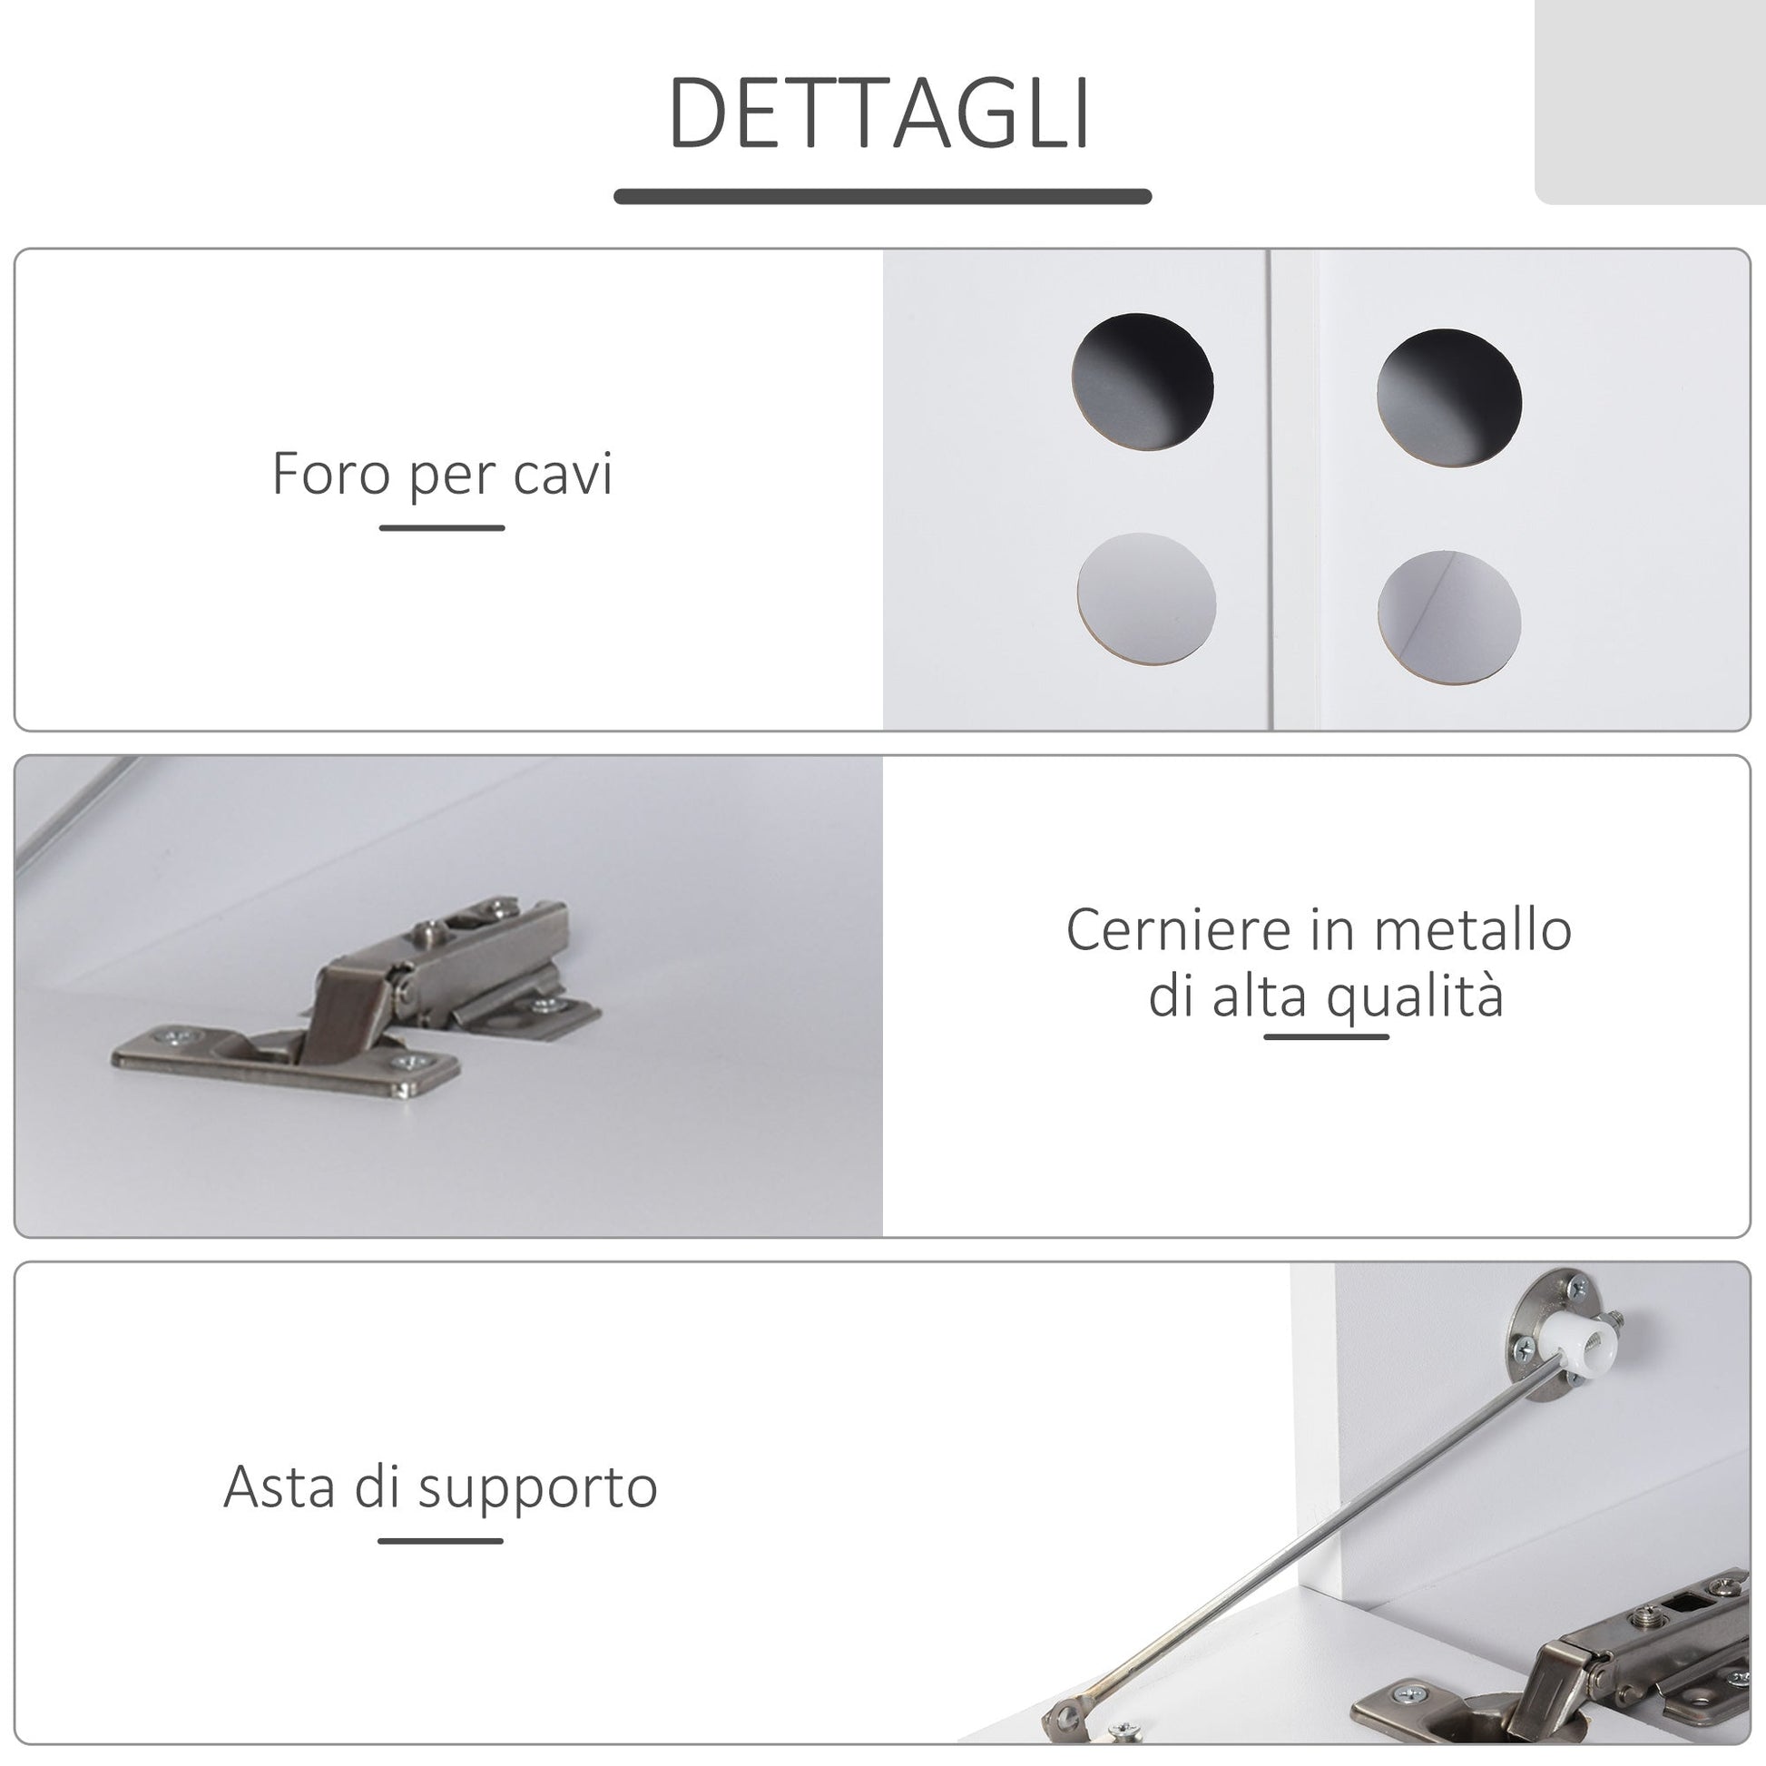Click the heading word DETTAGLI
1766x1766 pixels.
point(880,113)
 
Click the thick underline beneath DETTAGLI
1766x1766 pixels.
point(882,197)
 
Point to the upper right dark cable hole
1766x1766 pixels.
point(1448,398)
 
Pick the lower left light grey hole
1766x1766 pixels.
point(1146,602)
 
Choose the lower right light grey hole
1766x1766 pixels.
point(1448,621)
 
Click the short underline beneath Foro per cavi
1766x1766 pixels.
point(443,527)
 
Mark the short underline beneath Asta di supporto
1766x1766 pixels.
point(440,1540)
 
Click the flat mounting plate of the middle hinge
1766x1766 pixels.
point(285,1060)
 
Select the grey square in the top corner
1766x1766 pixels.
point(1650,102)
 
